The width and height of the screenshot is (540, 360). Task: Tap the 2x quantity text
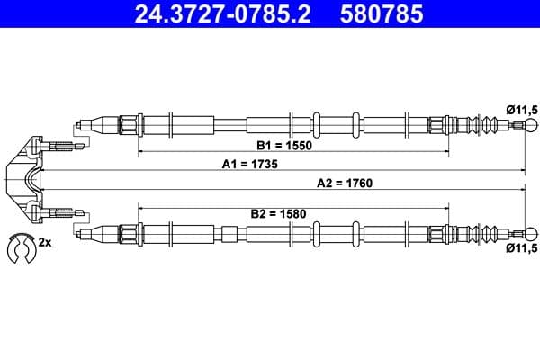[45, 243]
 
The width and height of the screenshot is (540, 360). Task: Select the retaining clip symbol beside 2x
[19, 246]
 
